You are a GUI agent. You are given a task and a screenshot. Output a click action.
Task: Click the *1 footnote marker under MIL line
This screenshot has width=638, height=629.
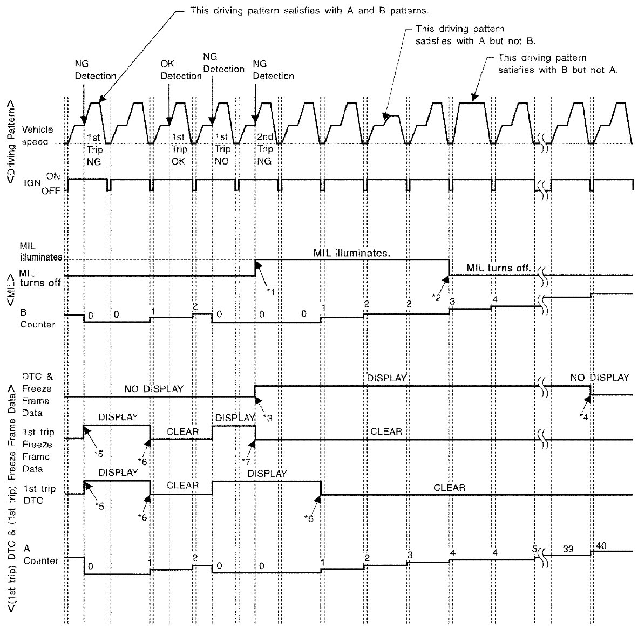tap(271, 291)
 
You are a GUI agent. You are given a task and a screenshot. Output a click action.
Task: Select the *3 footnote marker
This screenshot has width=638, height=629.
tap(268, 417)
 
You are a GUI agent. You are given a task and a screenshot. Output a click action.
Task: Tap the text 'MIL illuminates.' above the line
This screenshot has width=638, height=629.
tap(351, 252)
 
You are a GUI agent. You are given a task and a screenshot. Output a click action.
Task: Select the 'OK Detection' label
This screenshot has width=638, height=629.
tap(180, 70)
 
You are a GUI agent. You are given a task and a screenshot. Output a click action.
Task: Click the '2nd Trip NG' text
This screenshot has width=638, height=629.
tap(264, 149)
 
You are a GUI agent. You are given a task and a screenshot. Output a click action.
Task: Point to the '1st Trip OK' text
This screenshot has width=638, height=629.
tap(179, 149)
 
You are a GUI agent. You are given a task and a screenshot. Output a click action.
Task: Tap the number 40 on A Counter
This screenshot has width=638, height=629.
tap(601, 546)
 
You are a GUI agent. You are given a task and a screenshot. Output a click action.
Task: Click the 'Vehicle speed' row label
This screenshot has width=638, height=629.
tap(37, 135)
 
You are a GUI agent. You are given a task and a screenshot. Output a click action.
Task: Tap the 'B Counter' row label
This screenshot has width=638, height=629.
tap(38, 318)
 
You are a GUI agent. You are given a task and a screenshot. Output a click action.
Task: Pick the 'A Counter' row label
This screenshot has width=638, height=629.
tap(40, 555)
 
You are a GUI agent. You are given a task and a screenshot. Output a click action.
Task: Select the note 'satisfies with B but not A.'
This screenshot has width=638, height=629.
tap(558, 70)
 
